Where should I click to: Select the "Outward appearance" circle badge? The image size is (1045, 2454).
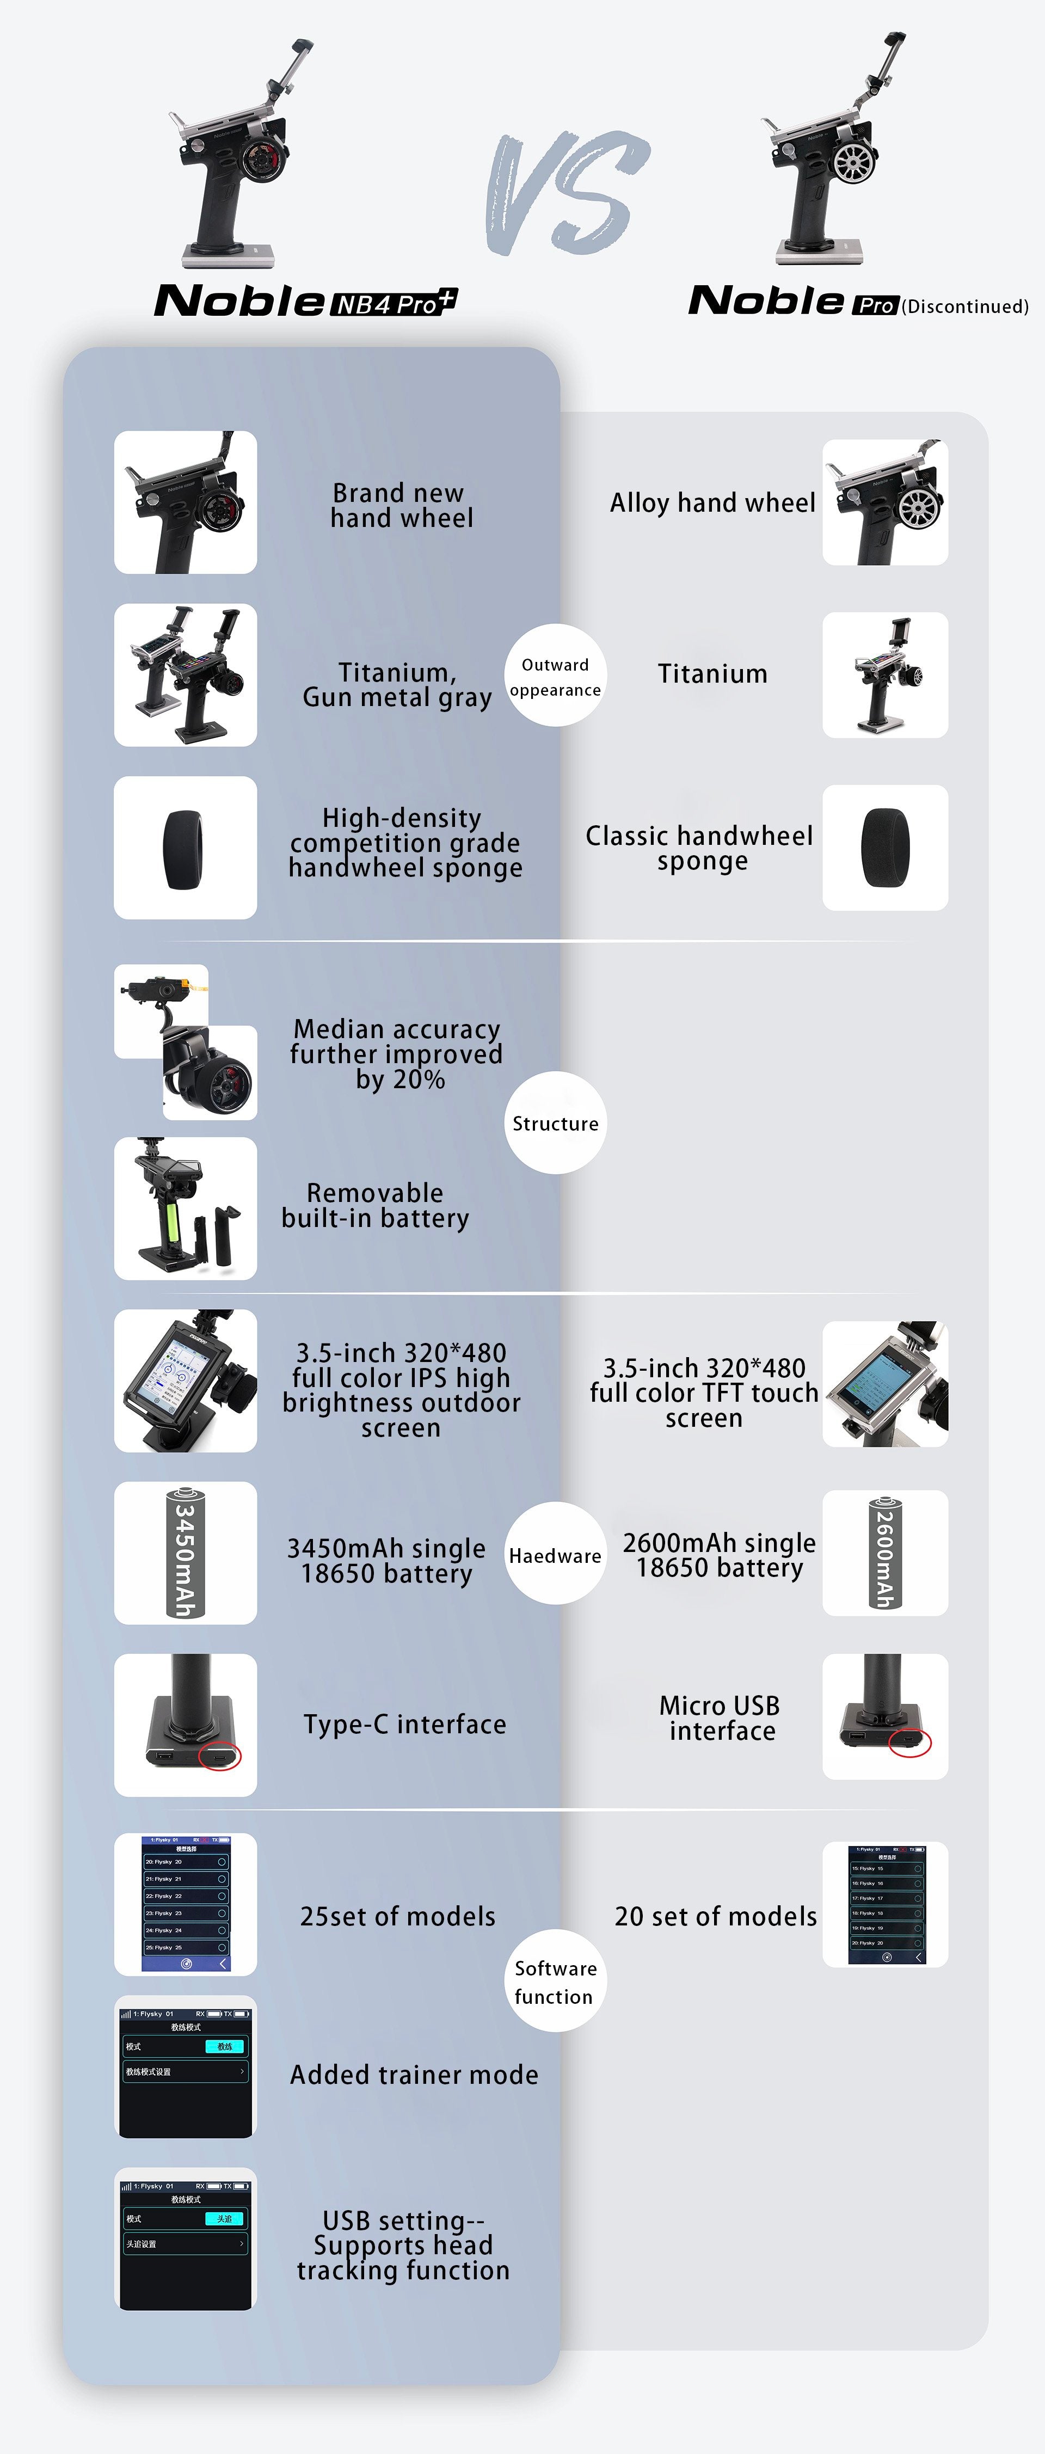tap(555, 676)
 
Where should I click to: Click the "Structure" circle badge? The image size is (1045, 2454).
tap(555, 1123)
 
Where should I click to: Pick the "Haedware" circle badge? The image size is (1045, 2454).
tap(555, 1555)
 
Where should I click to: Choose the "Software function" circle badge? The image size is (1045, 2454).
tap(555, 1981)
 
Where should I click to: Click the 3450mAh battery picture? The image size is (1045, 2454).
tap(185, 1553)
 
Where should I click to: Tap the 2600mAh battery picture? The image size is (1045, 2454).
tap(885, 1553)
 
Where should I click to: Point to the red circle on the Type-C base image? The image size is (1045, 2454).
tap(220, 1756)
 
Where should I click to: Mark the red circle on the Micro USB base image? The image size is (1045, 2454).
tap(909, 1743)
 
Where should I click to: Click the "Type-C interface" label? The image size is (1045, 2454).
tap(405, 1725)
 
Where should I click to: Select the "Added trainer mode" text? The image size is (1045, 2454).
tap(414, 2075)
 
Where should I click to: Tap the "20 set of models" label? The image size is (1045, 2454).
tap(715, 1917)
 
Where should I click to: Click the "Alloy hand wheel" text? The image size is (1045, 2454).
tap(712, 503)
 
